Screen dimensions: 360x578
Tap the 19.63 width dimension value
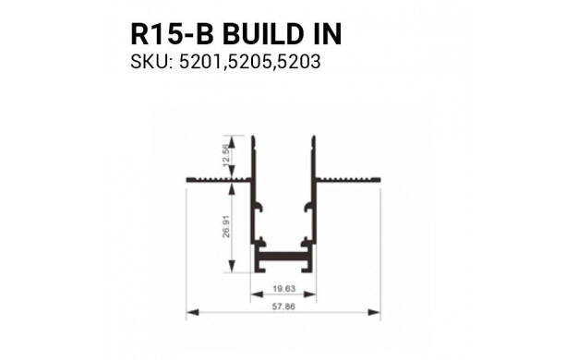click(x=283, y=288)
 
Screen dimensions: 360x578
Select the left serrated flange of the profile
click(x=220, y=175)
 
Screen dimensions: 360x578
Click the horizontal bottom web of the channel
click(x=283, y=251)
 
